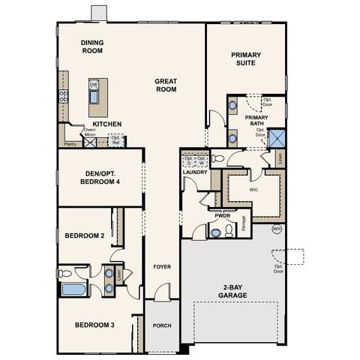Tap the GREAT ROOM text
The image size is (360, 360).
coord(165,85)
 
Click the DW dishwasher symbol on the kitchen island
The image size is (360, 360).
coord(94,85)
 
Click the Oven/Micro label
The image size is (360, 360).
coord(90,133)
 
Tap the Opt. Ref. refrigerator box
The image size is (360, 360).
coord(115,139)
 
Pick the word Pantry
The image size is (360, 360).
coord(71,143)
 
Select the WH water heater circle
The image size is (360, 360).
coord(276,228)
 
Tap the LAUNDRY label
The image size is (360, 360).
coord(194,172)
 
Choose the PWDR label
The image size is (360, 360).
coord(222,214)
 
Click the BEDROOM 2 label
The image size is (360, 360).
coord(84,235)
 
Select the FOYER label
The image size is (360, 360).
coord(162,267)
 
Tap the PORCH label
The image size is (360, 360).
coord(162,325)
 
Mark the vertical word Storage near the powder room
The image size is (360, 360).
coord(243,223)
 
